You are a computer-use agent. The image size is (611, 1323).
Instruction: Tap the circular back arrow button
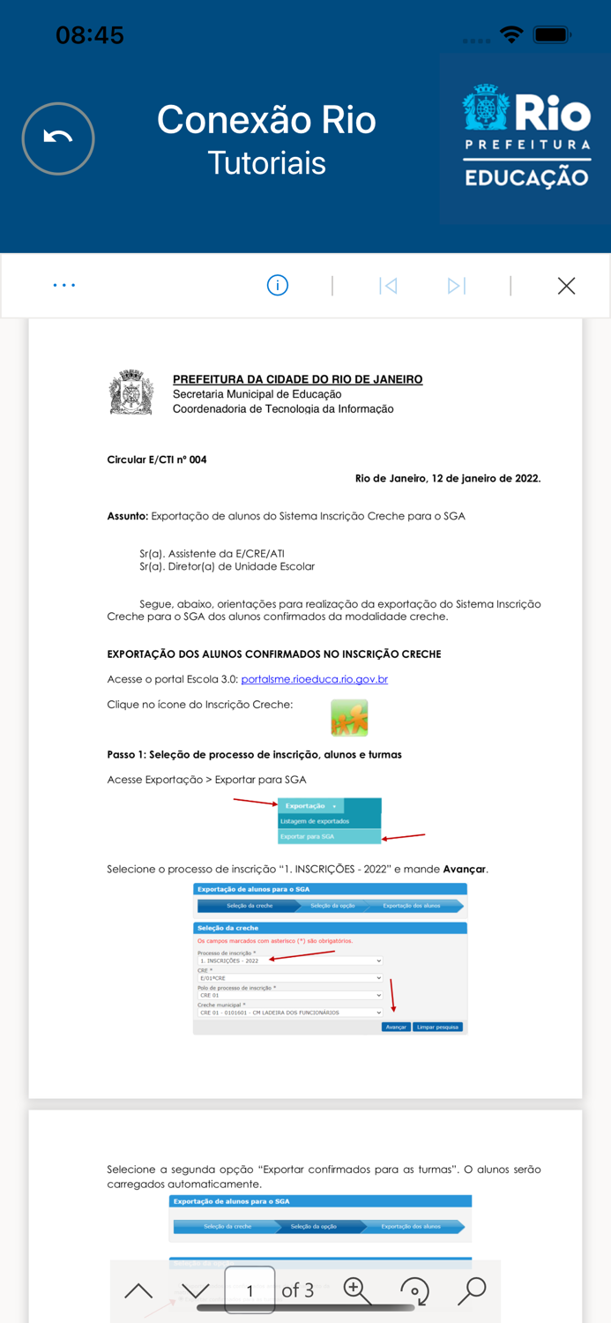[58, 138]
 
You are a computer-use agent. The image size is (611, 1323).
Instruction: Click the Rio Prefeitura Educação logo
[526, 137]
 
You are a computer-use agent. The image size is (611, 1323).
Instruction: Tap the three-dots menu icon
[64, 285]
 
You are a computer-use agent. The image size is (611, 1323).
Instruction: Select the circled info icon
[278, 285]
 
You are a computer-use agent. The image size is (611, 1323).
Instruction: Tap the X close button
[566, 285]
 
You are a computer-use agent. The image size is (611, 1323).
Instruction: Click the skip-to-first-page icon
[388, 285]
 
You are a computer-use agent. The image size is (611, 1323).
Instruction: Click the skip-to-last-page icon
[456, 285]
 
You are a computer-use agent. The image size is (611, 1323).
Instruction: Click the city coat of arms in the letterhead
[131, 392]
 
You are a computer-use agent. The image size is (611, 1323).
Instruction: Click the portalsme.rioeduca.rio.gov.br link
[314, 679]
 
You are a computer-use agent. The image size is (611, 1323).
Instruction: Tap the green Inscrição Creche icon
[349, 717]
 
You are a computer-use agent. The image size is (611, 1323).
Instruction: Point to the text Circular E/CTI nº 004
[157, 460]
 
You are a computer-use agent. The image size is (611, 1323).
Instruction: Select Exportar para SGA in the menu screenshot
[308, 836]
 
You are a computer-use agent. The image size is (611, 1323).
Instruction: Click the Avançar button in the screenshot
[396, 1027]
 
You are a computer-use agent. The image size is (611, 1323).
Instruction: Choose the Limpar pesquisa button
[437, 1027]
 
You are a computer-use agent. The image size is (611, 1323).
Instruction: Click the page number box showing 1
[250, 1290]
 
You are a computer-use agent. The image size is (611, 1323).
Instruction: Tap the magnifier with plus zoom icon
[357, 1290]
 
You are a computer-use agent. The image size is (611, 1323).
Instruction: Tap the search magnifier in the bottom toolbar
[472, 1290]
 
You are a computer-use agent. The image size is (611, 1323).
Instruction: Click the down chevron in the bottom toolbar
[195, 1291]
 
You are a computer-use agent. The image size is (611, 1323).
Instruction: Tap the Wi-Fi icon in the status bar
[511, 34]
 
